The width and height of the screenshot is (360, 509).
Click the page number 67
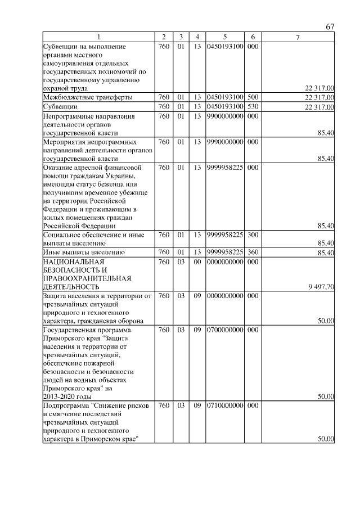click(x=330, y=28)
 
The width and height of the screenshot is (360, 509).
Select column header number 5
click(x=224, y=37)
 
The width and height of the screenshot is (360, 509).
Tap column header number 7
click(x=298, y=37)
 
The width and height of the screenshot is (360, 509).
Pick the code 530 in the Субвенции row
click(x=253, y=106)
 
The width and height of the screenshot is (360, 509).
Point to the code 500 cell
click(x=253, y=97)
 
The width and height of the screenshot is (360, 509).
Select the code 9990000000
click(x=224, y=142)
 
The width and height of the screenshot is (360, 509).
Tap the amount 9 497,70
click(x=321, y=287)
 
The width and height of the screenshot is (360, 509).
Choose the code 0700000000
click(x=224, y=330)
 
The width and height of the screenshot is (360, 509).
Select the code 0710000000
click(x=224, y=405)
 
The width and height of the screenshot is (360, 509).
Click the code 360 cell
click(x=253, y=253)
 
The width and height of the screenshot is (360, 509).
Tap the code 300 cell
click(x=253, y=235)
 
